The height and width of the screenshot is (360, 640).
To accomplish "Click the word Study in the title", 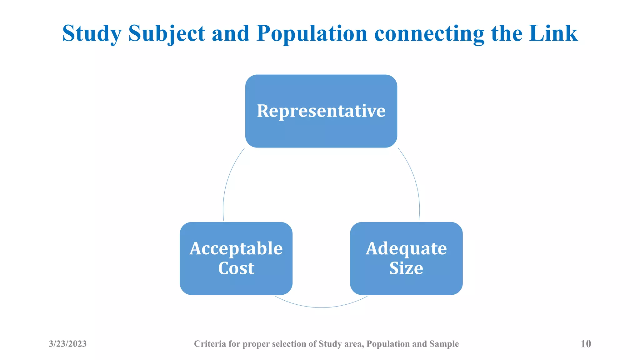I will (x=92, y=33).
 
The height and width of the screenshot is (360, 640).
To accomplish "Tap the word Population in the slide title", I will (x=312, y=33).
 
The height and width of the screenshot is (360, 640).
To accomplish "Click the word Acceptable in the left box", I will (x=236, y=249).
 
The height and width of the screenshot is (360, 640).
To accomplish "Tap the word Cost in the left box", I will (x=236, y=268).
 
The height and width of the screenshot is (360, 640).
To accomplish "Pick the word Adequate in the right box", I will (x=406, y=249).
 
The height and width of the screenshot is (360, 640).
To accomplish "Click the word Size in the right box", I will (x=406, y=268).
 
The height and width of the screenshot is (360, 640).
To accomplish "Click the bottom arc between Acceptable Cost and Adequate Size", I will (x=321, y=307).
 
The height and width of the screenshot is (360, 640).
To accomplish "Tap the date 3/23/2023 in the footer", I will (x=68, y=344).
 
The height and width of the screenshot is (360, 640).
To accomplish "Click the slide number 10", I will (x=586, y=344).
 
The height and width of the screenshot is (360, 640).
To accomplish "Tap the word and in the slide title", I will (x=231, y=33).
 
